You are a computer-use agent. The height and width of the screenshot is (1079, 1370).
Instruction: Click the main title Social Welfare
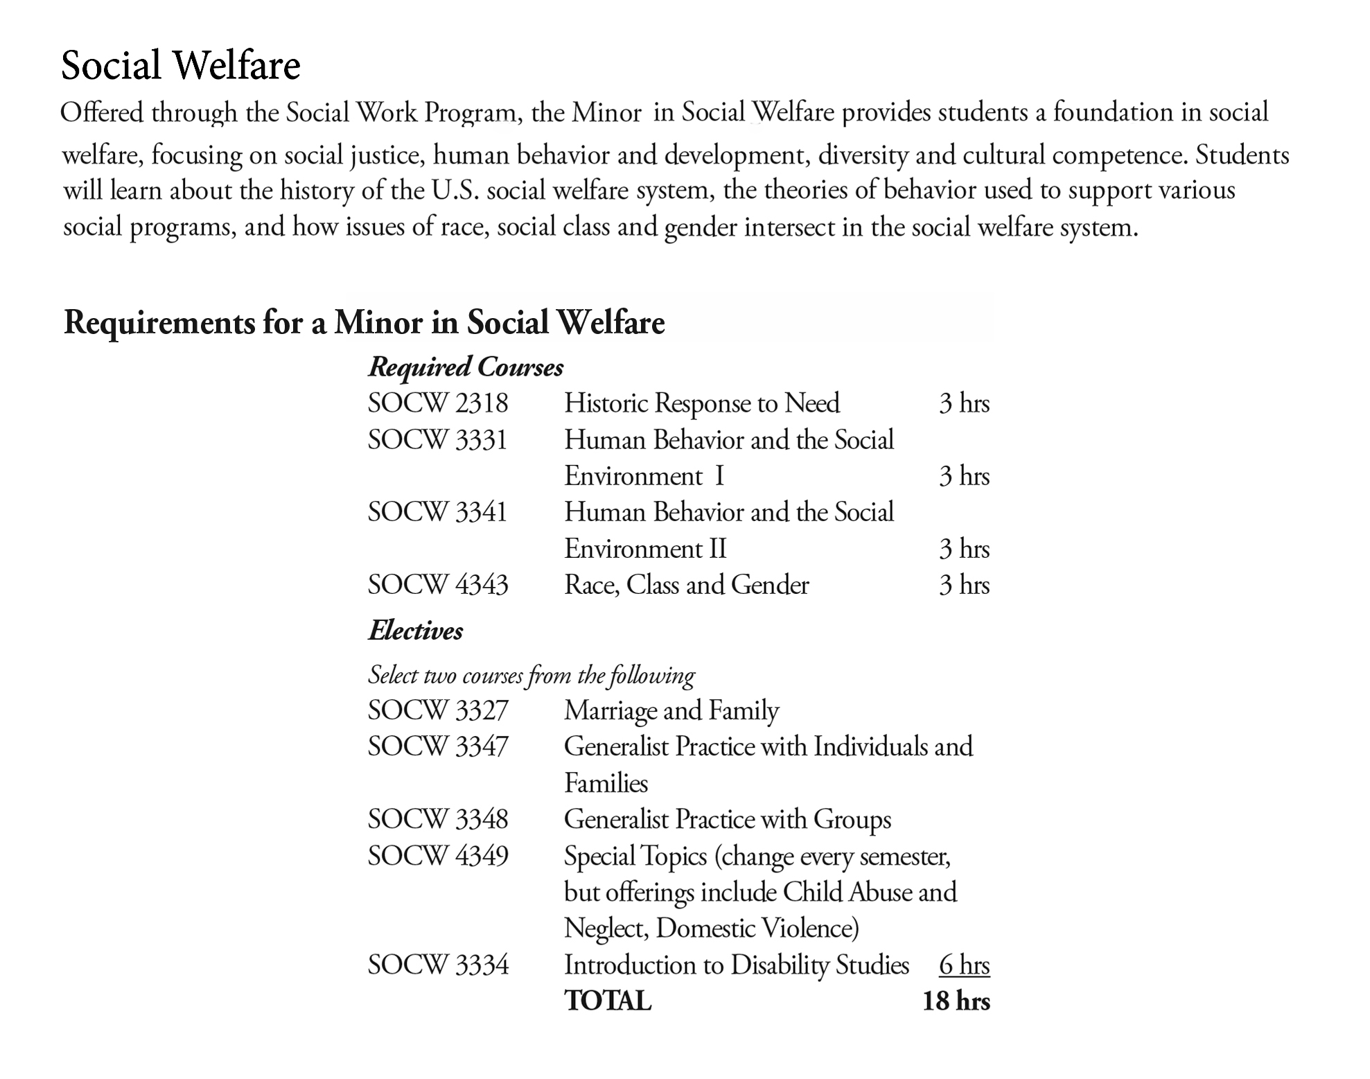[x=180, y=65]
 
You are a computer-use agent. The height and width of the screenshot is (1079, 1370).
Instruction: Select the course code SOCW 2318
[x=437, y=403]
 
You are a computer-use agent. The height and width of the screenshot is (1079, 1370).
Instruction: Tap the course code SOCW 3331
[x=437, y=440]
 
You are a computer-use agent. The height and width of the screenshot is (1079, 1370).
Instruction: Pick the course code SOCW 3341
[x=437, y=512]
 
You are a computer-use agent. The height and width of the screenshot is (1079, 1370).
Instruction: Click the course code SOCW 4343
[x=437, y=585]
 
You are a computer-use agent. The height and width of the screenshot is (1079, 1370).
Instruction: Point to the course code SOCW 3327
[x=437, y=710]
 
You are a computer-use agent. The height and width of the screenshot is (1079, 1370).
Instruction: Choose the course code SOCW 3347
[x=437, y=746]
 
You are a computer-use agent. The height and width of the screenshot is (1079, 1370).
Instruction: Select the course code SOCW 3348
[x=437, y=819]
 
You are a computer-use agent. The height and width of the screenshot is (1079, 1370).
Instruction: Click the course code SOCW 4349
[x=437, y=856]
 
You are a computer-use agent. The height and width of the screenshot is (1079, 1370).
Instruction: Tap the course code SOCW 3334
[x=437, y=965]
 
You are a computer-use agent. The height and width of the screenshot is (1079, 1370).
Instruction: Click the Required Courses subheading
[x=466, y=367]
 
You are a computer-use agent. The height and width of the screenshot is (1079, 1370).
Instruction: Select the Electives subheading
[x=415, y=631]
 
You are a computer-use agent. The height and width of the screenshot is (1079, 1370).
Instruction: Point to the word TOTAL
[x=607, y=1001]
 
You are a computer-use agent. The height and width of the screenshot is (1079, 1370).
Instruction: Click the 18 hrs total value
[x=956, y=1001]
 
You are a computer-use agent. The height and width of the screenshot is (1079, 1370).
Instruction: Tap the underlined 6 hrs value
[x=964, y=965]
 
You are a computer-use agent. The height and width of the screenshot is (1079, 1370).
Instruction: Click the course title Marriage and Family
[x=671, y=710]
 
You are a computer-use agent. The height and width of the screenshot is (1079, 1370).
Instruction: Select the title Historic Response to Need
[x=701, y=403]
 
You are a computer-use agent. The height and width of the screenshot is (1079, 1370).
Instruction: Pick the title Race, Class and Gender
[x=686, y=585]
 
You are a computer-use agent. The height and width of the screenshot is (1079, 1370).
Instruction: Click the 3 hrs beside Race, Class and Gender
[x=964, y=585]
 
